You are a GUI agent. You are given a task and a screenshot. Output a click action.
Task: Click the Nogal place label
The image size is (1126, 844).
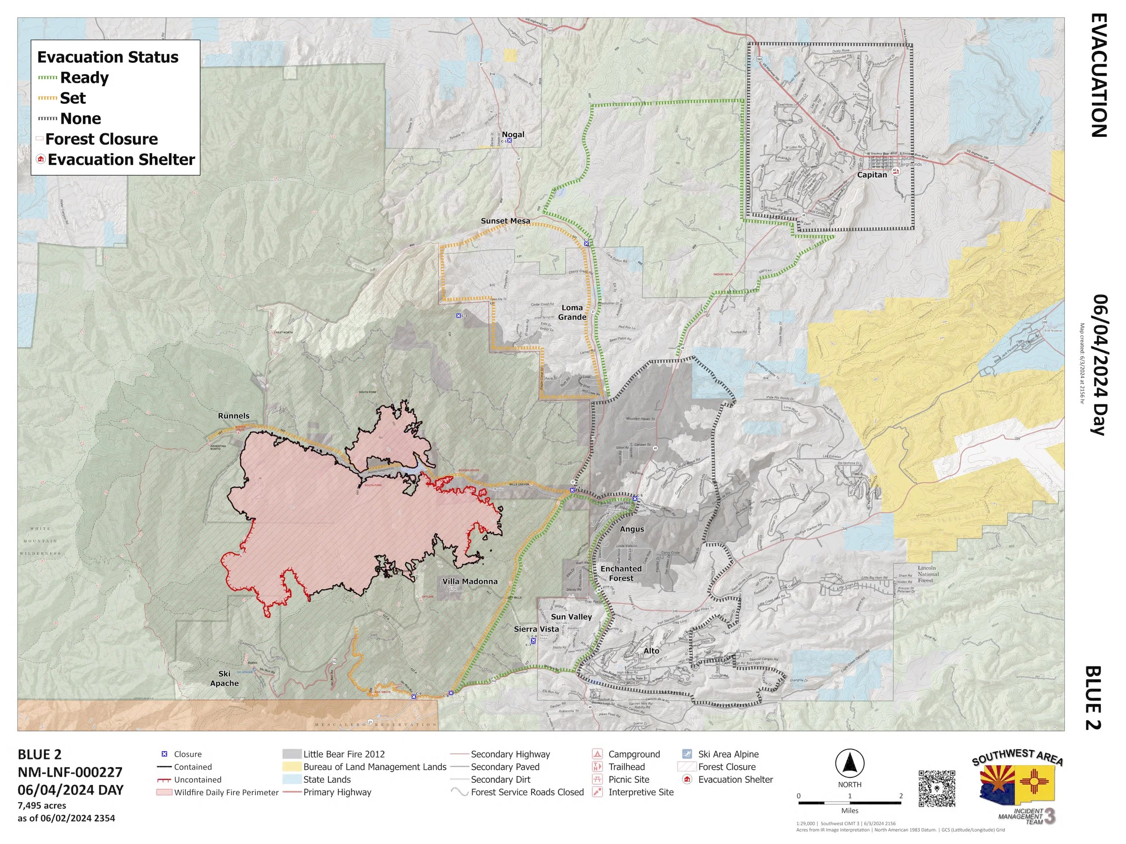[513, 134]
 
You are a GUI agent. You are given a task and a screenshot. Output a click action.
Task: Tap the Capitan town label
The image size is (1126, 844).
[872, 175]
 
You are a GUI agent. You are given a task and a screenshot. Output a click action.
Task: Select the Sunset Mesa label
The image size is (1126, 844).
[505, 221]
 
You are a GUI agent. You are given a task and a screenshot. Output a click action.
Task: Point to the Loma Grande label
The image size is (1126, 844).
[572, 312]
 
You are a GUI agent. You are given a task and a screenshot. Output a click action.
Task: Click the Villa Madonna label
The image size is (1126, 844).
[469, 581]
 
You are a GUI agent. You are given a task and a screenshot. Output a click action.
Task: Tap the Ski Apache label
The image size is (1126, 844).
[224, 678]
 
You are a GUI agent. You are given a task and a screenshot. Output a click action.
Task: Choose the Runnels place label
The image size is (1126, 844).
[234, 415]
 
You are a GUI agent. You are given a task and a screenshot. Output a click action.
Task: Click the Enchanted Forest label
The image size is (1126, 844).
[621, 573]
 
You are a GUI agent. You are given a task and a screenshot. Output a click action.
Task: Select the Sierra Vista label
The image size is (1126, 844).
[536, 629]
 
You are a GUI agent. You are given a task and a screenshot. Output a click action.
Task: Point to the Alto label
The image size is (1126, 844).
[651, 651]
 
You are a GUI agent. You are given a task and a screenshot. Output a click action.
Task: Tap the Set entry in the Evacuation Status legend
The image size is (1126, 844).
[73, 98]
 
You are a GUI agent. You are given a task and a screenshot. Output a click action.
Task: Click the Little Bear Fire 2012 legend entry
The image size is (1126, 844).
[344, 754]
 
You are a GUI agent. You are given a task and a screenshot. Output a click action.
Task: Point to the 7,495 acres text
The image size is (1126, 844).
[42, 805]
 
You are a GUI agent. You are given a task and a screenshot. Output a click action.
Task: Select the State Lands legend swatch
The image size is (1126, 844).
[292, 779]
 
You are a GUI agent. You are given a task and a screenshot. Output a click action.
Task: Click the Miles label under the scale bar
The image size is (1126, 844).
[849, 810]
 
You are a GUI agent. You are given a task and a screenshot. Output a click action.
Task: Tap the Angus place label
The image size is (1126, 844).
[632, 529]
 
